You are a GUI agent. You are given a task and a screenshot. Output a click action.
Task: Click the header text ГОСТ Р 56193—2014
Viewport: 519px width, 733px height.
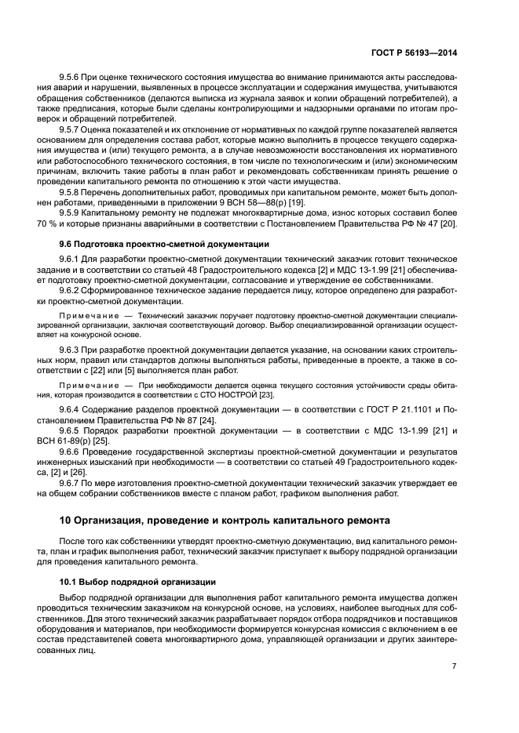tap(413, 52)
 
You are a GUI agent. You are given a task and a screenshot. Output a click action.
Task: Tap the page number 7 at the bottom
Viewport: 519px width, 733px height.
tap(455, 666)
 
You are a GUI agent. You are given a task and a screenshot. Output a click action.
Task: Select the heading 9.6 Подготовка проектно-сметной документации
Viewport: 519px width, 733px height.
tap(165, 244)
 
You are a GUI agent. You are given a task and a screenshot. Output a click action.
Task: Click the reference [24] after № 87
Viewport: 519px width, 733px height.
tap(208, 420)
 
